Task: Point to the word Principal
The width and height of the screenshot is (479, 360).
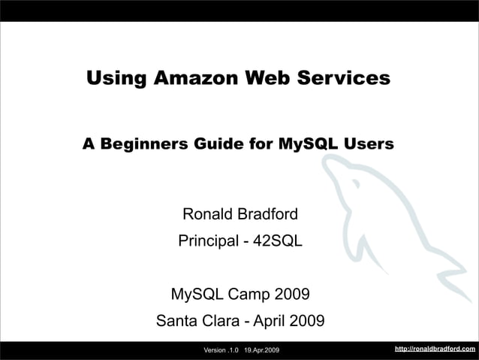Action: click(x=206, y=243)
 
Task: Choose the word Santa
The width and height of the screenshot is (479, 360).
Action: click(x=179, y=322)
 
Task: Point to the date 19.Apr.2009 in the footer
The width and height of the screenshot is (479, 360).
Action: click(x=262, y=350)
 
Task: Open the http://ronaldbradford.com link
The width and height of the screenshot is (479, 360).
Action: click(x=435, y=349)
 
